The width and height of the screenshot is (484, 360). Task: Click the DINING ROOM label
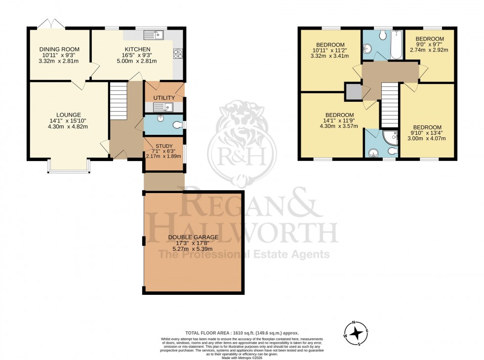[x=59, y=49]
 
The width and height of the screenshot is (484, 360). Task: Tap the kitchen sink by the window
[x=153, y=35]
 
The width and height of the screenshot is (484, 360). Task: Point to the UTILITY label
[x=164, y=98]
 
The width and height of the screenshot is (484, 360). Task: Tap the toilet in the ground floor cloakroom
[x=177, y=125]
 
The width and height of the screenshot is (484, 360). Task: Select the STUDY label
[x=164, y=146]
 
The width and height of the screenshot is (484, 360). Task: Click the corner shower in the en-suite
[x=391, y=137]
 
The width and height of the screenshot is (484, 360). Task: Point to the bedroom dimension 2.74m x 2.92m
[x=429, y=50]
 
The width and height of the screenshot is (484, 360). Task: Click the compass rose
[x=356, y=333]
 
